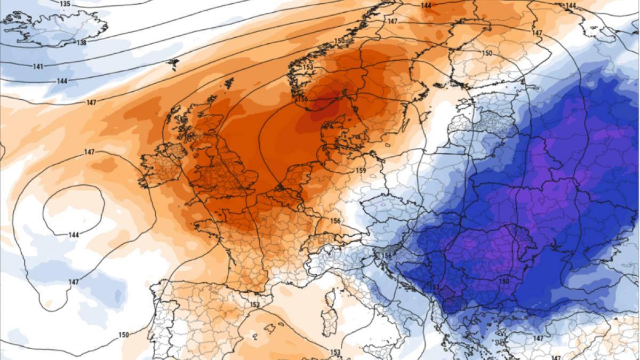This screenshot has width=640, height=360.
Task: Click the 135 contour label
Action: pyautogui.click(x=65, y=4)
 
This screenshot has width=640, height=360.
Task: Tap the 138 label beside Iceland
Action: pyautogui.click(x=82, y=42)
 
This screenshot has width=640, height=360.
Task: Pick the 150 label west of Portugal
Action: pyautogui.click(x=123, y=334)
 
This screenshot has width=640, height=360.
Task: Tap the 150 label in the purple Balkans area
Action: pyautogui.click(x=503, y=281)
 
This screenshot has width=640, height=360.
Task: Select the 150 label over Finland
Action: pyautogui.click(x=487, y=53)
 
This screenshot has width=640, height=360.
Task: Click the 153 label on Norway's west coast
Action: pyautogui.click(x=308, y=67)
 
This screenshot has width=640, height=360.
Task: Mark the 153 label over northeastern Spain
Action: pyautogui.click(x=254, y=305)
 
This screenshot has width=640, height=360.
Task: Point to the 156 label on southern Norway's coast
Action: pyautogui.click(x=302, y=99)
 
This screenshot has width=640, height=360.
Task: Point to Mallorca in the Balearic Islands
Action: pyautogui.click(x=257, y=337)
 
